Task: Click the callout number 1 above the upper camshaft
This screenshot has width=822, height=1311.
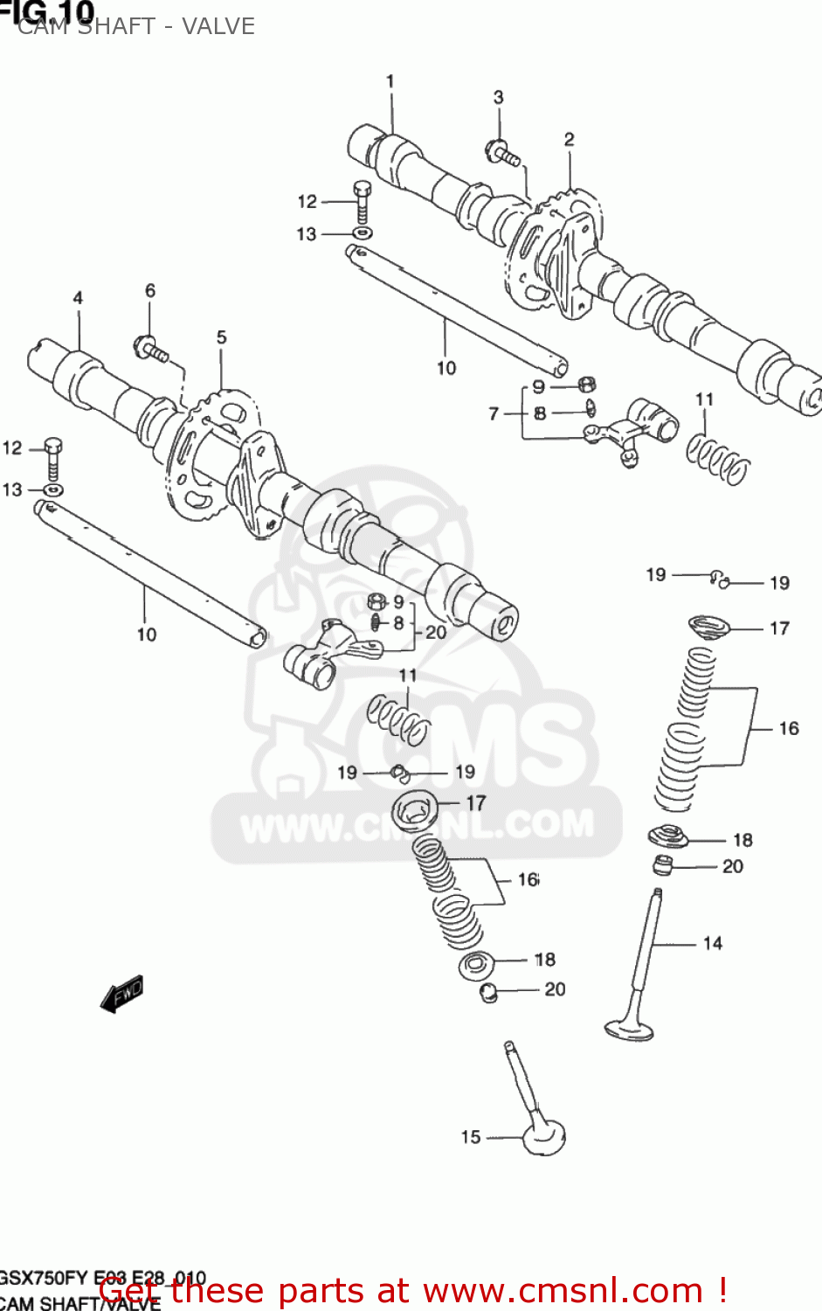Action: [x=390, y=81]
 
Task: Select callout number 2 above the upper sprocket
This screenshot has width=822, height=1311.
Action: [x=569, y=139]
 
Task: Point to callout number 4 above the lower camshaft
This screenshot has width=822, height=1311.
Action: [x=78, y=298]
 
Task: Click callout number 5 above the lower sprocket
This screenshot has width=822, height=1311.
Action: [x=221, y=336]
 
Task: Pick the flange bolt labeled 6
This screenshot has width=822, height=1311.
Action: [x=151, y=348]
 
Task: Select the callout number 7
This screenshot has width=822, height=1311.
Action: [x=494, y=413]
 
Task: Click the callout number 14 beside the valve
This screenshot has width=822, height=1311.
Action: [x=713, y=943]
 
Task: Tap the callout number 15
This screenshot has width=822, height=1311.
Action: [x=471, y=1137]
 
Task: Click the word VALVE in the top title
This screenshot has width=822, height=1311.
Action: [x=218, y=26]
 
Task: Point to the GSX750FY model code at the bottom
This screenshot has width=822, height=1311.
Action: [x=44, y=1278]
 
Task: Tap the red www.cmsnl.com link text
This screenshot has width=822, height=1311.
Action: [x=563, y=1291]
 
